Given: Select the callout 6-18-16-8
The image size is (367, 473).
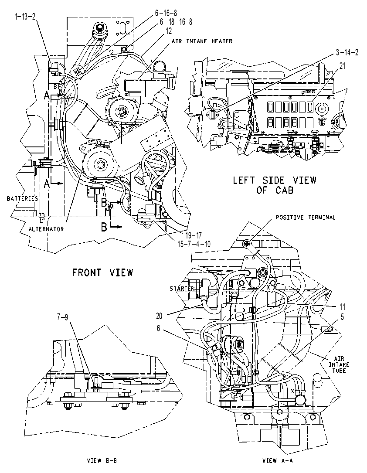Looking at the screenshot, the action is pos(176,22).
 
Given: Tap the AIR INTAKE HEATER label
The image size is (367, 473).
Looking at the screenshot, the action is pos(202,41).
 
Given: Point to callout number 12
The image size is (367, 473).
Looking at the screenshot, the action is pos(168,31).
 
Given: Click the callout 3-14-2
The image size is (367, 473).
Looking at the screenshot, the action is pos(347,52).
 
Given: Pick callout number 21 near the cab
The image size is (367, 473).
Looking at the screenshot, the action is pos(342,66).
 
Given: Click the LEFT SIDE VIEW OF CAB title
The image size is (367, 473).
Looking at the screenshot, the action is pos(275,185).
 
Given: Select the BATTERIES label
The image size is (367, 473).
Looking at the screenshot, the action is pos(22,198).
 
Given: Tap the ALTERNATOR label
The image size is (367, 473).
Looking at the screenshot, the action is pos(46,229).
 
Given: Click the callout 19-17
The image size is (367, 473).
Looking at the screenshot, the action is pos(193,235).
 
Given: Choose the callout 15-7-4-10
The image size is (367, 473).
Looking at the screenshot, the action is pos(194,244).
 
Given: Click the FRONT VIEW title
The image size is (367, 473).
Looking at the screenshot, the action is pos(102,273).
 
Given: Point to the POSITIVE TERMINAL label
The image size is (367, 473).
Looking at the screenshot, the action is pos(306,217).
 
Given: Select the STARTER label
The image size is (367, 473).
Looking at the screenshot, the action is pos(182,289).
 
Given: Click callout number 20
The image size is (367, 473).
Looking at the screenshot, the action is pos(159,316).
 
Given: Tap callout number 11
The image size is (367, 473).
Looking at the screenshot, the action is pos(342,307).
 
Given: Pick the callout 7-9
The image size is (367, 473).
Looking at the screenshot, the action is pos(63,317).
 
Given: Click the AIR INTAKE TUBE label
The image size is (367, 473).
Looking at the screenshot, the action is pos(339,364).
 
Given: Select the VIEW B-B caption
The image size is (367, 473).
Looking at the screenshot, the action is pos(102,461).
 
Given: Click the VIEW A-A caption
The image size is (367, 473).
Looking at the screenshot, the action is pos(278,461).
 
